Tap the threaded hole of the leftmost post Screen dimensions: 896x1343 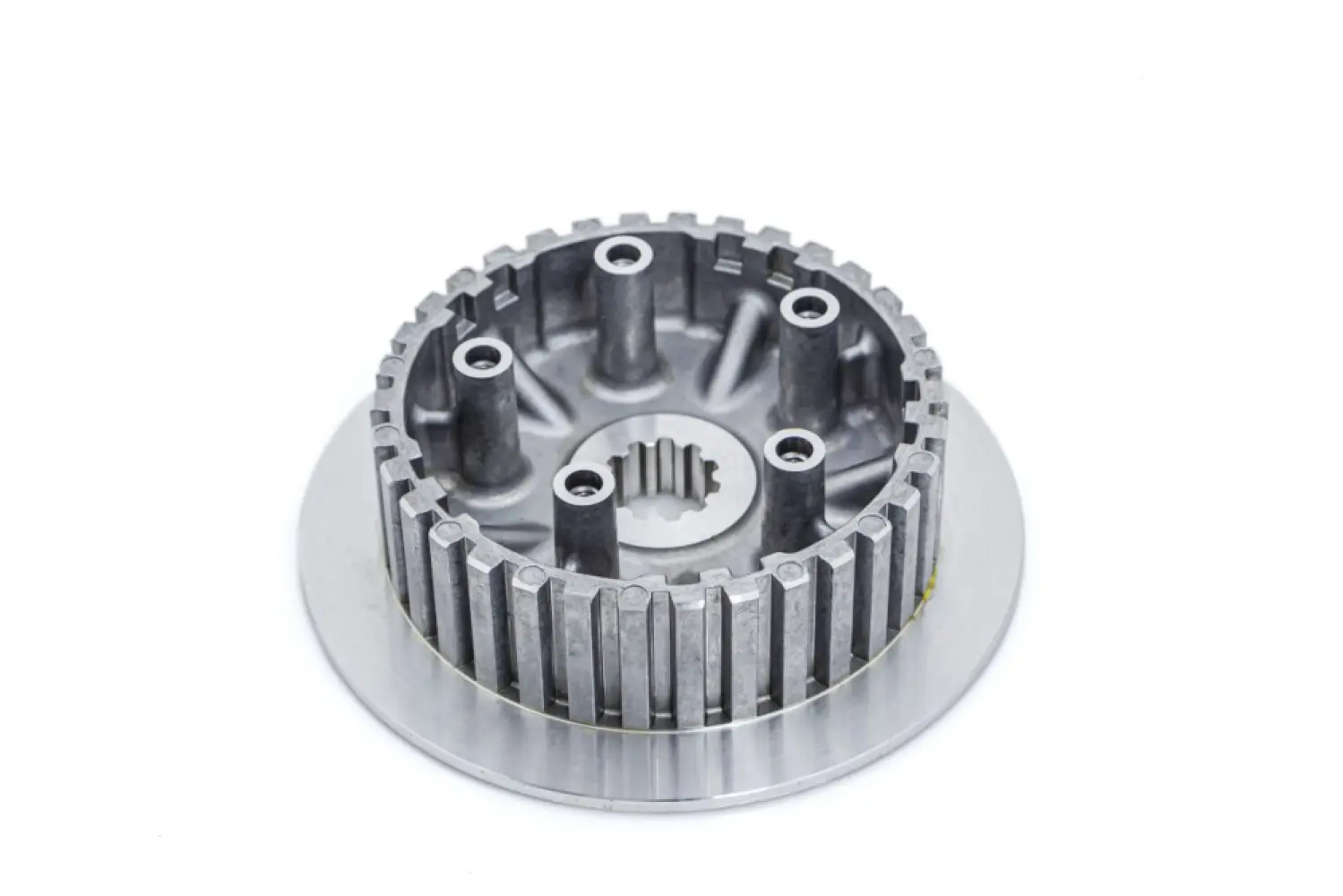tap(483, 361)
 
